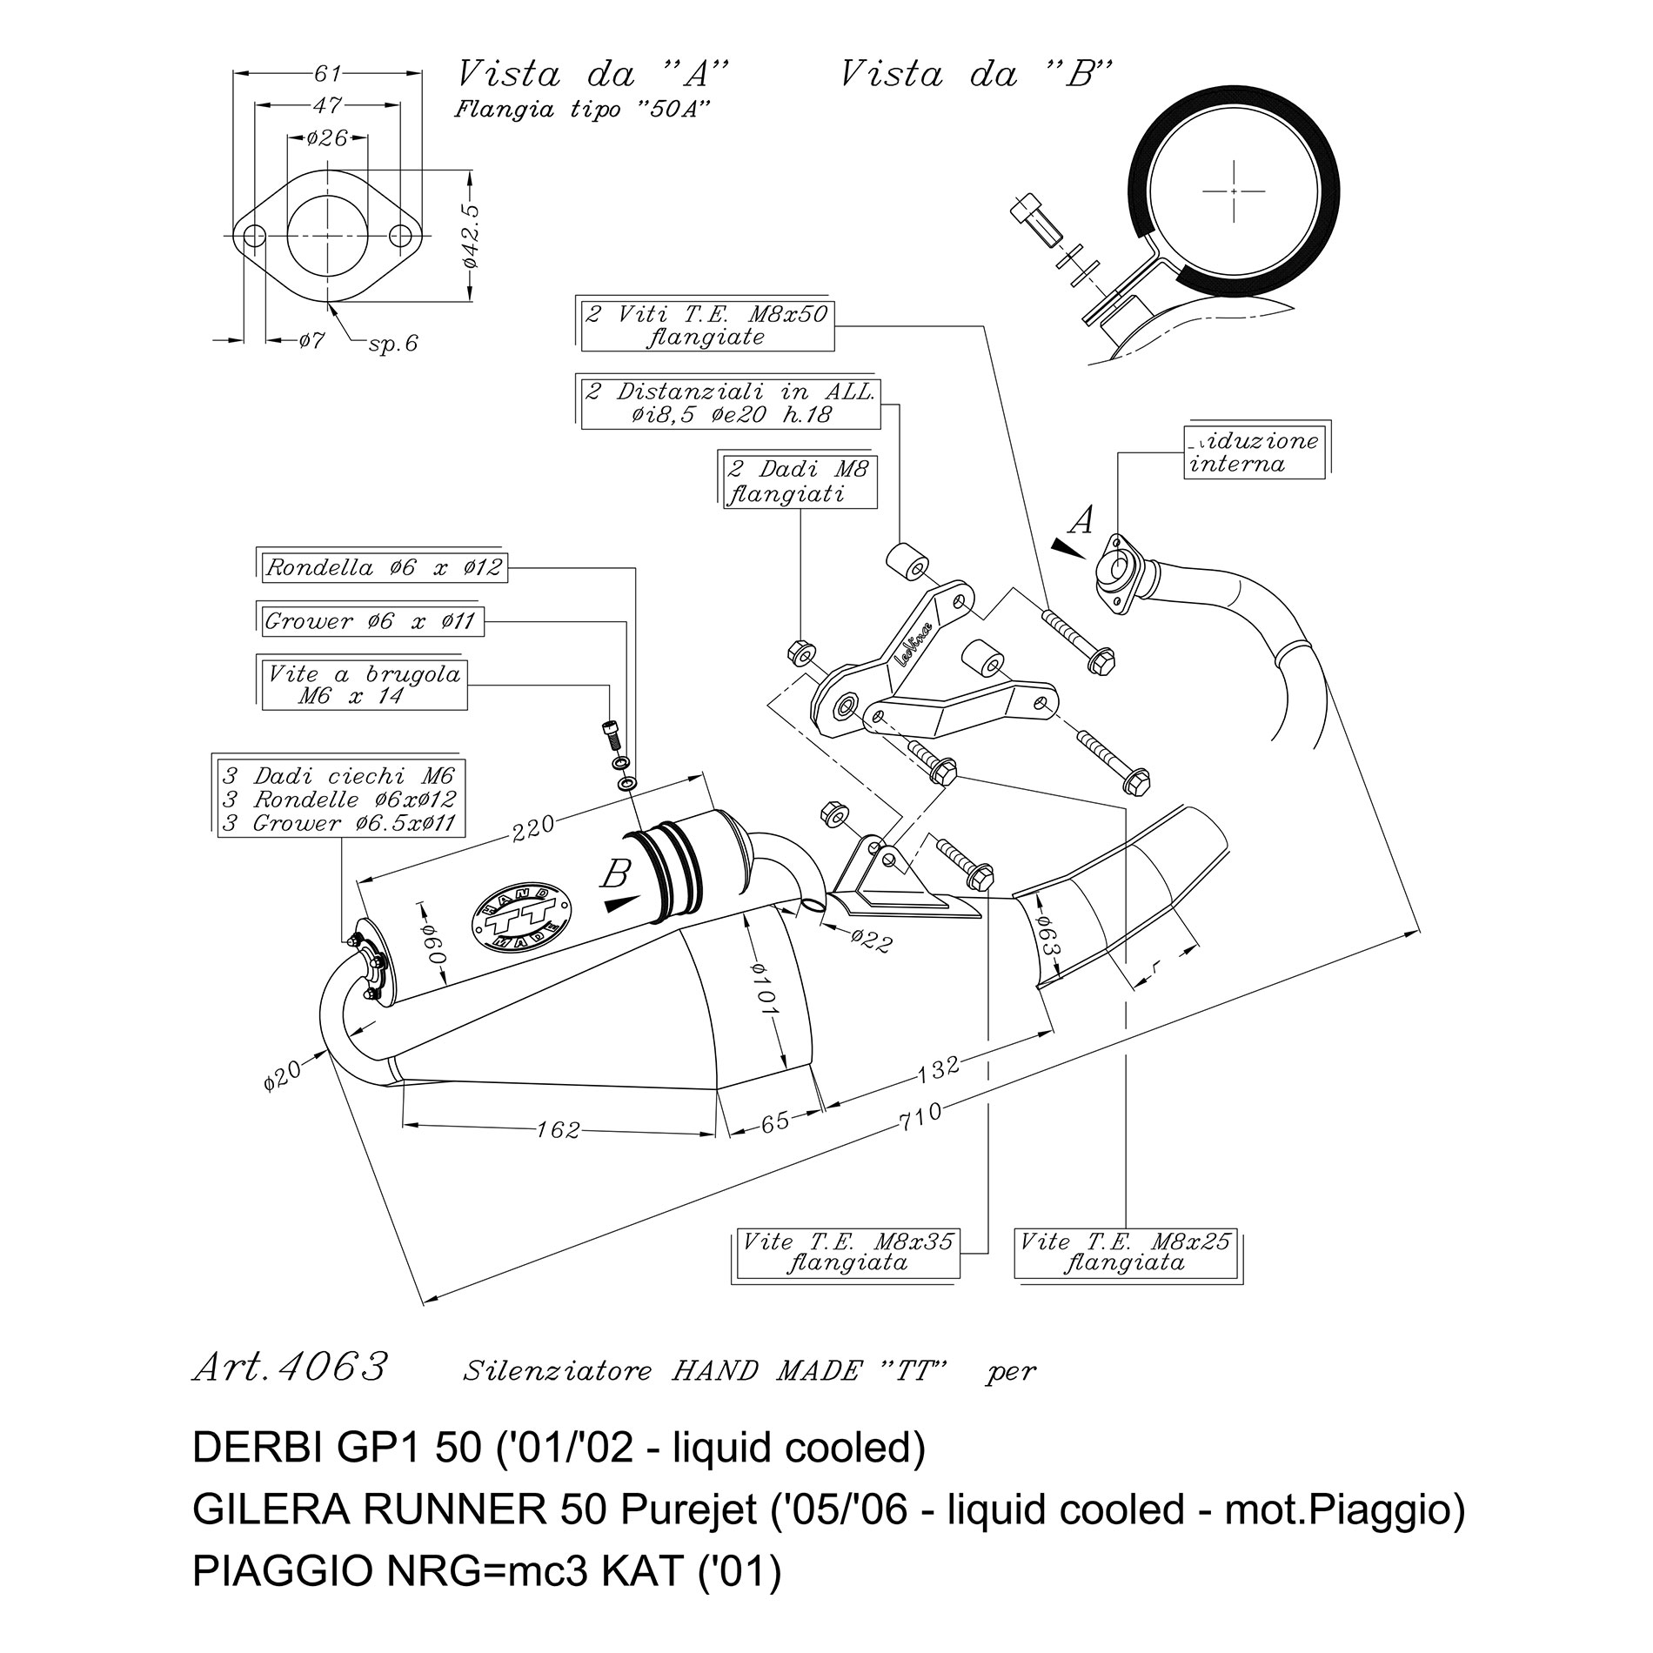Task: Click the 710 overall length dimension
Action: click(x=923, y=1114)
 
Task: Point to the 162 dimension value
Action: click(x=558, y=1129)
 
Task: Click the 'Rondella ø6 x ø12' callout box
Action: click(x=384, y=569)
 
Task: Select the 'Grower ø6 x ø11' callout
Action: click(x=373, y=621)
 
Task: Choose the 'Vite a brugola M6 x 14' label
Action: click(x=365, y=686)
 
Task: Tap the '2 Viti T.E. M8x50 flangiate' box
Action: click(x=706, y=325)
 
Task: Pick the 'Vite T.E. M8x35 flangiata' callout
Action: click(x=846, y=1254)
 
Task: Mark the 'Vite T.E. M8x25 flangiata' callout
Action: click(x=1125, y=1254)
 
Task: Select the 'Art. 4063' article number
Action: click(x=288, y=1368)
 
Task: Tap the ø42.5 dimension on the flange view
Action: click(x=471, y=236)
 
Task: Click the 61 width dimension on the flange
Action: click(x=328, y=74)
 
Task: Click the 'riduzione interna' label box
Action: click(x=1254, y=452)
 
